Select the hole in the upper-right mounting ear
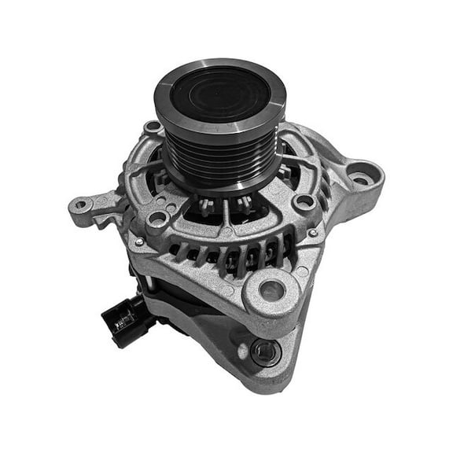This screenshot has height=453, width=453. tap(361, 178)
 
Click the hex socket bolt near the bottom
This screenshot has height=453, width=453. tap(263, 351)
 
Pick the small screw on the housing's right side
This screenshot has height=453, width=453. tap(312, 233)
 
